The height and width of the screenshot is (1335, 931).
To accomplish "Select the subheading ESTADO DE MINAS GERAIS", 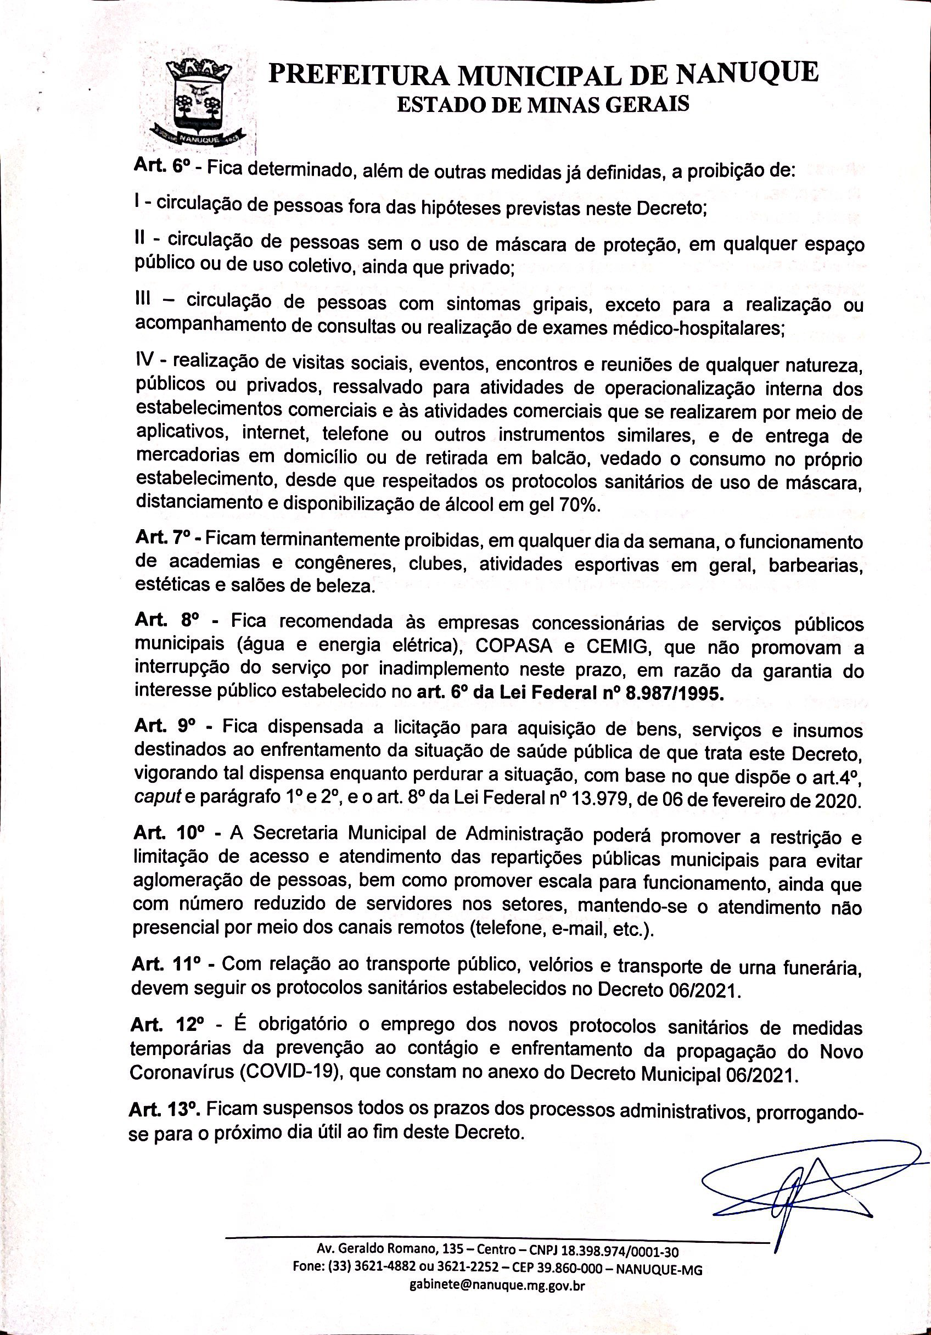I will click(542, 105).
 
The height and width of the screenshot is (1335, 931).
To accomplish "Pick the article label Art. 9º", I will click(166, 727).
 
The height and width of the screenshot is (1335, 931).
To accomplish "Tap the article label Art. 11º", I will click(166, 963).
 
